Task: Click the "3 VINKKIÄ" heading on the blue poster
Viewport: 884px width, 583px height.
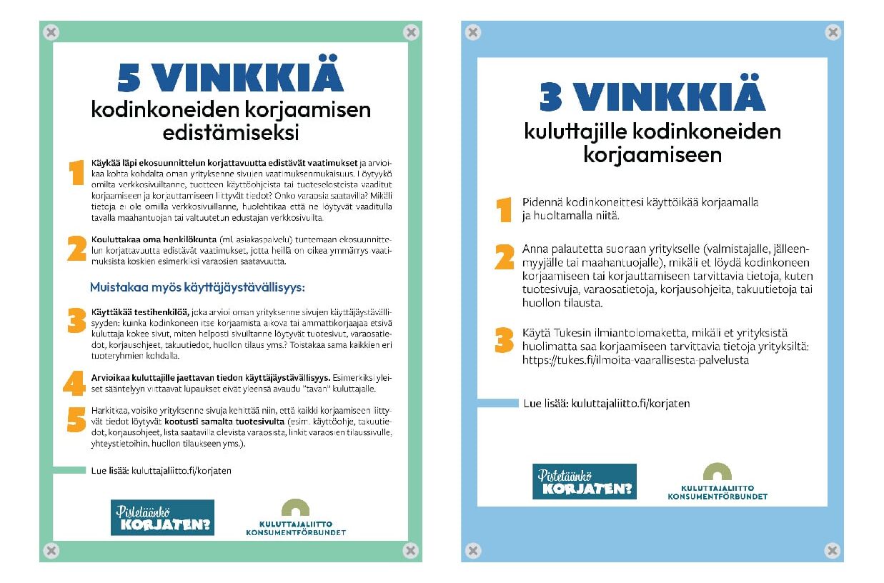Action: point(652,97)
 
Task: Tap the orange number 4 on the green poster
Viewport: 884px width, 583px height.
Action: point(74,384)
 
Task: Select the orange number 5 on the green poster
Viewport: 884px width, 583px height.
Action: point(76,421)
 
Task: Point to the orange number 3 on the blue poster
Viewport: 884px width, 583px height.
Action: point(505,340)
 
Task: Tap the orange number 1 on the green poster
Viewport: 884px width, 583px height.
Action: point(76,173)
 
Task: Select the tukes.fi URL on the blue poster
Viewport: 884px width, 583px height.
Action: point(635,360)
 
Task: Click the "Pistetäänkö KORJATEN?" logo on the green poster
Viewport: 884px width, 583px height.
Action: point(162,517)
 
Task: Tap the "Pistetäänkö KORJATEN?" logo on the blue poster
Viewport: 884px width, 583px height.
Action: point(584,482)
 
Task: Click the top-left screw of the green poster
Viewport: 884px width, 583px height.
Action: point(51,32)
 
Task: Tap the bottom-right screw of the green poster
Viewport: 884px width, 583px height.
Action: point(410,550)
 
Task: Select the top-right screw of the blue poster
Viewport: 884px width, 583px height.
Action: point(833,32)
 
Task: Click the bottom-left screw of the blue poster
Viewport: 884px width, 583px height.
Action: point(472,550)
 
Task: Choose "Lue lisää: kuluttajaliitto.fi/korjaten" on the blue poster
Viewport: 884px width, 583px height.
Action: point(607,404)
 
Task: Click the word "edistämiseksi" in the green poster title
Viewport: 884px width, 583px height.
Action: point(230,133)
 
